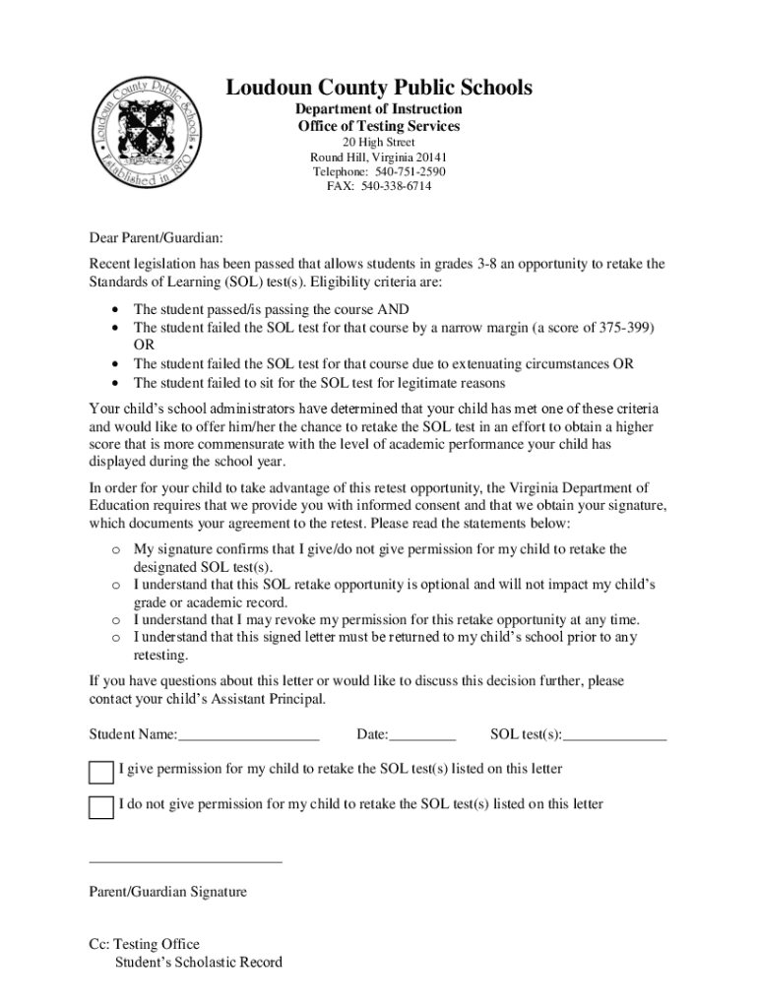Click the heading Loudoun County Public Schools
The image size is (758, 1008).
(379, 89)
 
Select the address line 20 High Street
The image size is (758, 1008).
(379, 143)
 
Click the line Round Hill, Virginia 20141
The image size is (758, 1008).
(379, 157)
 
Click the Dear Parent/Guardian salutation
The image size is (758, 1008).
(157, 238)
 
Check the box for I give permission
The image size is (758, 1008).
(101, 772)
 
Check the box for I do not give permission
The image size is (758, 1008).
(101, 807)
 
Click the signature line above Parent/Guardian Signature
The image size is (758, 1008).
(185, 861)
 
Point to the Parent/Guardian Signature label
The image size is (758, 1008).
(167, 892)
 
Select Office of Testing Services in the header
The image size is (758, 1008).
(379, 127)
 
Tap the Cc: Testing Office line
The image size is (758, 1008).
(144, 944)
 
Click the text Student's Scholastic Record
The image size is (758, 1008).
(198, 962)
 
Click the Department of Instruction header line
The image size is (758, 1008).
(379, 109)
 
